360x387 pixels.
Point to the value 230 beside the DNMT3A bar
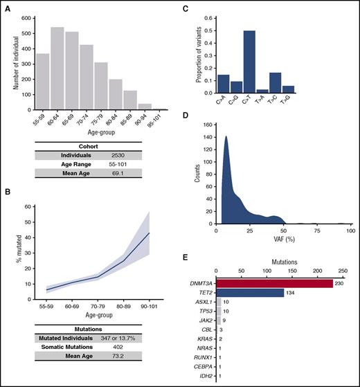339,283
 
